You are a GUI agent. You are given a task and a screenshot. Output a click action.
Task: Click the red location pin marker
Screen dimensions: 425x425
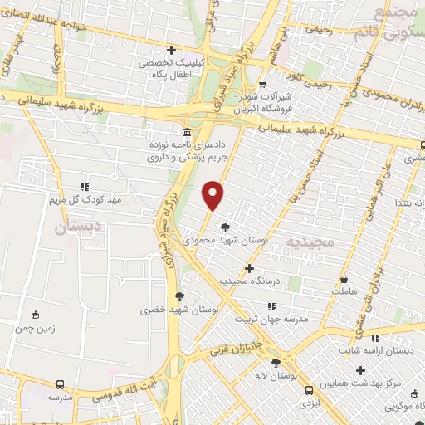point(213,194)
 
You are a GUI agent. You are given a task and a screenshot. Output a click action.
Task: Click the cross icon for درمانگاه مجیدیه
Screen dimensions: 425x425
point(249,268)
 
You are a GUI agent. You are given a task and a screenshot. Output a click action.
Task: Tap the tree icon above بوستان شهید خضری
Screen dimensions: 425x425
point(178,296)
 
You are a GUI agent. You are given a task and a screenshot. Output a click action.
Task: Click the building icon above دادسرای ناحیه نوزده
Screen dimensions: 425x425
point(186,133)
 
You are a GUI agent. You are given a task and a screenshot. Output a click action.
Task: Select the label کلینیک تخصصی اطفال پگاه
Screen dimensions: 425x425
point(172,68)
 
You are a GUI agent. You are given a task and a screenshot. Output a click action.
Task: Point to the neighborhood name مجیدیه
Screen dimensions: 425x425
point(309,241)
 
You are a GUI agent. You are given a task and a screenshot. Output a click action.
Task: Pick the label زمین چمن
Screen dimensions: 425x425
point(34,329)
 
